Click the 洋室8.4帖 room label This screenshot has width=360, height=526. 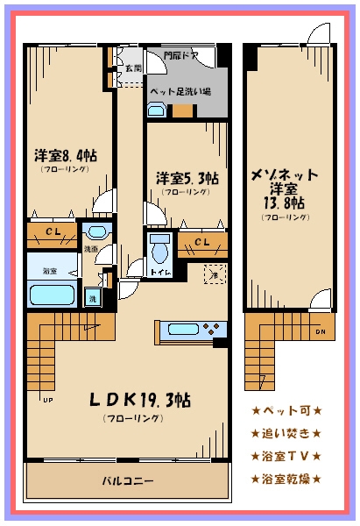tap(66, 155)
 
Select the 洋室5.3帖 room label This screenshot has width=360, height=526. tap(187, 178)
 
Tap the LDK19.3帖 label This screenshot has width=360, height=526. tap(140, 400)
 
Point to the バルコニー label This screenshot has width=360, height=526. tap(128, 480)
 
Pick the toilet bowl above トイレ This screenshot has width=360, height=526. tap(159, 249)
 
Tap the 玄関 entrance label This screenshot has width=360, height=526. tap(133, 68)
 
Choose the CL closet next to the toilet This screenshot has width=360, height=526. tap(201, 242)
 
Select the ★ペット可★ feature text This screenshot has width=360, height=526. tap(286, 410)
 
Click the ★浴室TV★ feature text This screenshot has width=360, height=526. tap(286, 456)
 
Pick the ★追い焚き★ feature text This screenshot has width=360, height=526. tap(286, 433)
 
